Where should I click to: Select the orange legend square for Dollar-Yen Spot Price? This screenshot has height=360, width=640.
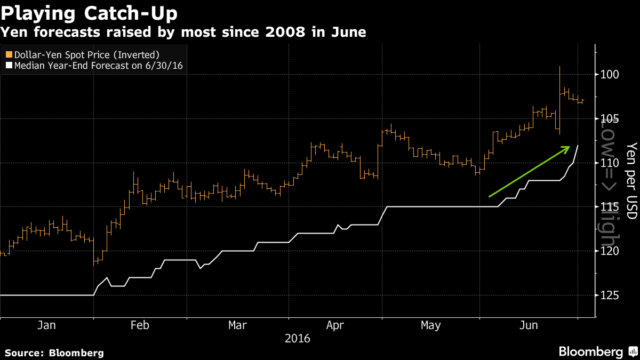coord(8,54)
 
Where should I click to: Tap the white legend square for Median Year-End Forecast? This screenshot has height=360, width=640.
coord(8,66)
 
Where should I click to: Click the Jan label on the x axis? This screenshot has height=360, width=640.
coord(47,325)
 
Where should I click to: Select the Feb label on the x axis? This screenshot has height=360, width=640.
coord(140,325)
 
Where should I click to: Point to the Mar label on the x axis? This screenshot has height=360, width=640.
coord(238,325)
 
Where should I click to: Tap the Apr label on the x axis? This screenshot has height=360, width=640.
coord(335,325)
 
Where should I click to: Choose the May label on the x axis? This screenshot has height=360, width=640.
coord(431,325)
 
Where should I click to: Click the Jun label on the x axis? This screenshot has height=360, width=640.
coord(528,325)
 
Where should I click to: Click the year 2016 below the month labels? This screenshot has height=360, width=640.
coord(297,338)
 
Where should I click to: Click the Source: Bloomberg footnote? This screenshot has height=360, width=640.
coord(54,353)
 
